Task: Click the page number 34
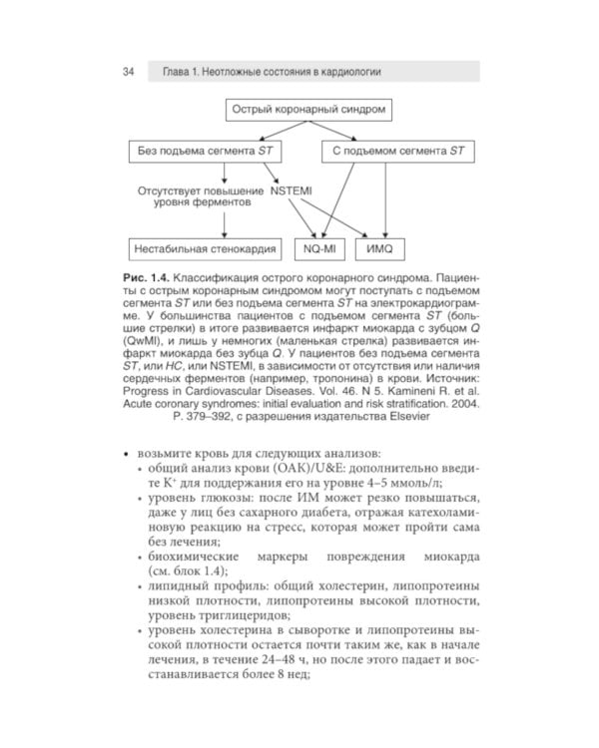tap(129, 72)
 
